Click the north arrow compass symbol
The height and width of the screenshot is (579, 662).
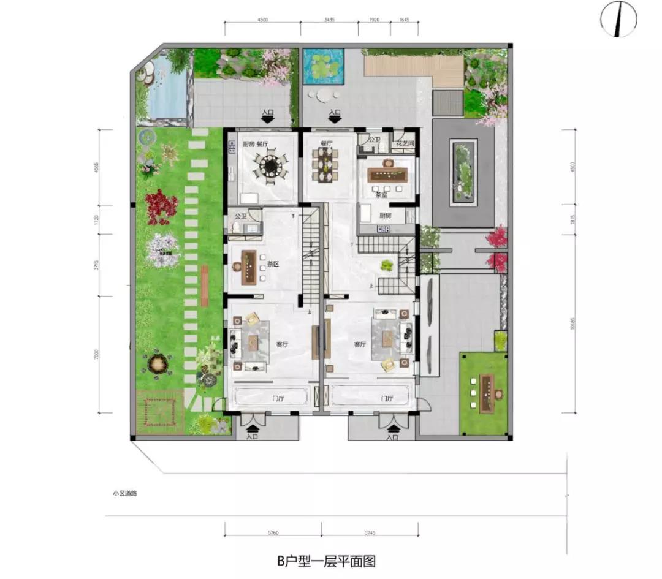(618, 19)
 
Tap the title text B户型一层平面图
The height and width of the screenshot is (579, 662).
(325, 561)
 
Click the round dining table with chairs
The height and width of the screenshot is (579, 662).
(269, 165)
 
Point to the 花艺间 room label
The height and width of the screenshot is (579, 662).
(406, 143)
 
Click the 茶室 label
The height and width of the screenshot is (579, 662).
(381, 195)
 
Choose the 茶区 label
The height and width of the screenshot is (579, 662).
(272, 265)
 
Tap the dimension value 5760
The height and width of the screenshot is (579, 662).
(273, 533)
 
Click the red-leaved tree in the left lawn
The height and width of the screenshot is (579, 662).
(161, 205)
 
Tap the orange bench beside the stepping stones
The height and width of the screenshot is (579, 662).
(204, 286)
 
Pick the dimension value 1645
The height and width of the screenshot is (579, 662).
(404, 20)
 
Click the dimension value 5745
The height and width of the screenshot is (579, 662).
(370, 533)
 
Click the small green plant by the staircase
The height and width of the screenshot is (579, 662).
(387, 265)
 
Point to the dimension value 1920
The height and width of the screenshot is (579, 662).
(375, 20)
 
